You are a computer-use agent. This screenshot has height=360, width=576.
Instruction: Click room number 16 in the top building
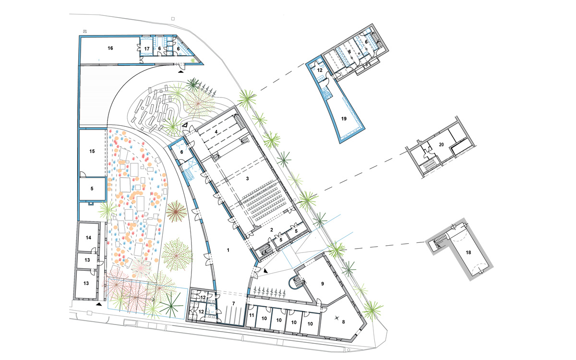110,48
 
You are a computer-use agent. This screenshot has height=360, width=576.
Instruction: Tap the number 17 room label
147,48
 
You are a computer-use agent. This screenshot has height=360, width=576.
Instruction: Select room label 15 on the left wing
92,151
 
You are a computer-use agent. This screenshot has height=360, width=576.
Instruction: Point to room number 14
88,238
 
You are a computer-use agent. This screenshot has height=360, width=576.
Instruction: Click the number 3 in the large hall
247,179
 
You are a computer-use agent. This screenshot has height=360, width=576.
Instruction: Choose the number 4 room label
216,132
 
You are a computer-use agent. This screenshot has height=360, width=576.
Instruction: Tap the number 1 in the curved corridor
228,250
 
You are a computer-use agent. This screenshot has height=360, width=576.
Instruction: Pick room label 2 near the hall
272,230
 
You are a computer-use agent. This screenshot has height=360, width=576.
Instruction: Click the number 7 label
233,304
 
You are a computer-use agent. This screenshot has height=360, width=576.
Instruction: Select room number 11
252,315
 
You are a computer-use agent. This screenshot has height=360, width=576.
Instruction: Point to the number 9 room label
323,284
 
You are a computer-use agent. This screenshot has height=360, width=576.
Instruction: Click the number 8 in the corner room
343,322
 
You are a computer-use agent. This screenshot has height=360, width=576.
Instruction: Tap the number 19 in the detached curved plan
344,119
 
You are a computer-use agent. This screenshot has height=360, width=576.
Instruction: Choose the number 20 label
441,144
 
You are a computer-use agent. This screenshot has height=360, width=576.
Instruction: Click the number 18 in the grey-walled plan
468,252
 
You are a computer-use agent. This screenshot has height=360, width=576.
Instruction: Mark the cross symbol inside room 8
336,318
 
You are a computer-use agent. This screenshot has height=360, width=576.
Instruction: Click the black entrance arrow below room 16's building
181,72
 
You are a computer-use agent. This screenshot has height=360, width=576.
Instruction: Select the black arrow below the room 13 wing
98,304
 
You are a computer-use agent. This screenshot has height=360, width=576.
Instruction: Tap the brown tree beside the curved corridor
176,212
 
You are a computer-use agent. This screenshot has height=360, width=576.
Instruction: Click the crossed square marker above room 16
84,31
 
